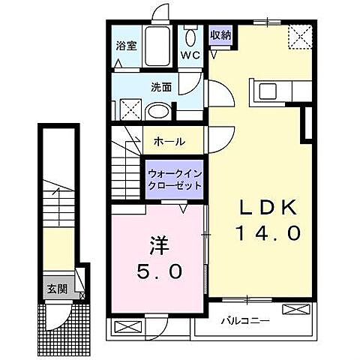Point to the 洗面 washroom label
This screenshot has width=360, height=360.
[161, 87]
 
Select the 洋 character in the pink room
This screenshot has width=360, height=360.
[157, 245]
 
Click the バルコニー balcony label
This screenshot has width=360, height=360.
[244, 321]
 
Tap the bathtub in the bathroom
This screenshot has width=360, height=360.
[158, 48]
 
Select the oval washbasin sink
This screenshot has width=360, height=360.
[158, 112]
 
